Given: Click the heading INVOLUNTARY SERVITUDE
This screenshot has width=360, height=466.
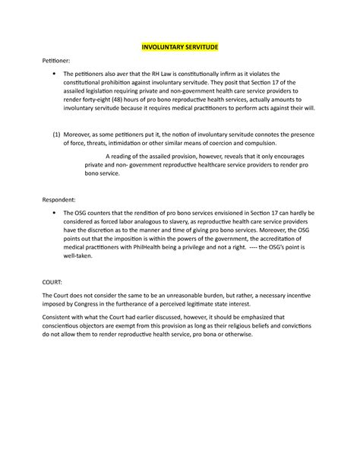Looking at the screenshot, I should point(179,47).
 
